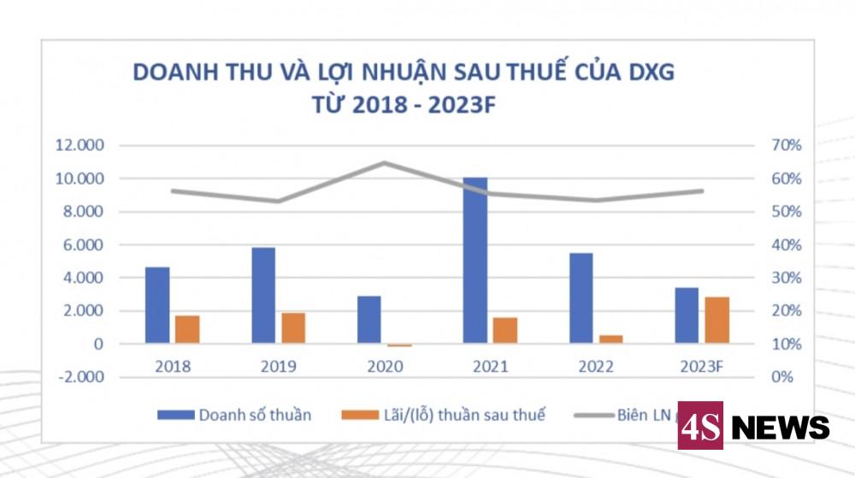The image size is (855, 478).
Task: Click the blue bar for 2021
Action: [x=475, y=261]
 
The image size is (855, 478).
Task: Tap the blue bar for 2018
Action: [x=157, y=305]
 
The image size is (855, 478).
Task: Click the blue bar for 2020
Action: [x=369, y=320]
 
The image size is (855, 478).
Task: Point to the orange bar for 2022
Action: [x=610, y=339]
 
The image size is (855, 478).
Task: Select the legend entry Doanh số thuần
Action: [x=233, y=416]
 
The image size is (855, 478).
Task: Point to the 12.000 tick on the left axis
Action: [x=80, y=145]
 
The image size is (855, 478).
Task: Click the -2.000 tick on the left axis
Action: [x=80, y=377]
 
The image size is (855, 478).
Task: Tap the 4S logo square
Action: [x=700, y=425]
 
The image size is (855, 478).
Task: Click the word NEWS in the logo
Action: [x=780, y=427]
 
